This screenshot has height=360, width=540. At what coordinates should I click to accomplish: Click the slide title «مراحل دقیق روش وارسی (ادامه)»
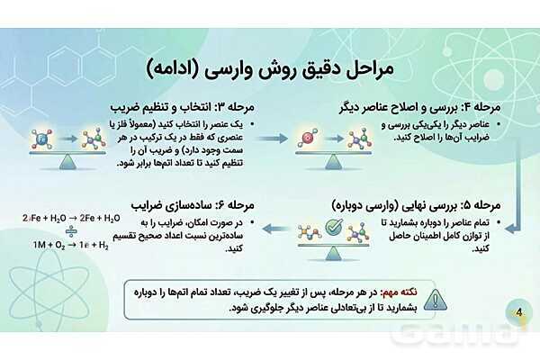(270, 68)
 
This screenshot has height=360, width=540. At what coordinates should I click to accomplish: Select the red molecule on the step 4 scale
(309, 139)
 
